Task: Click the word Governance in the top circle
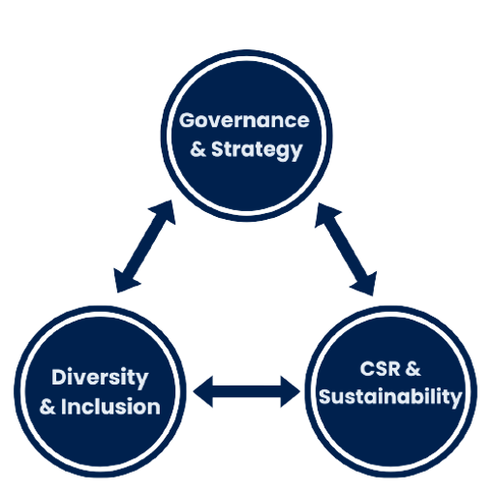(244, 120)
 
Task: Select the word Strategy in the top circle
(257, 150)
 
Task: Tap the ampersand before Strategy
(198, 149)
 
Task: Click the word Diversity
(100, 378)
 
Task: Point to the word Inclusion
(110, 406)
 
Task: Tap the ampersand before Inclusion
(47, 407)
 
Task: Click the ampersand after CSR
(413, 369)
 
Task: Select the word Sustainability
(390, 397)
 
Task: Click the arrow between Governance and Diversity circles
(145, 246)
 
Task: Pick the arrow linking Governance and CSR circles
(346, 249)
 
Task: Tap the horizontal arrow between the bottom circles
(247, 391)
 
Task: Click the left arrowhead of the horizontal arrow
(203, 391)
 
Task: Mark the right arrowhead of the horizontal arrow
(291, 391)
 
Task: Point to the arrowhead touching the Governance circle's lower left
(165, 211)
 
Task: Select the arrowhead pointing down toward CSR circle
(366, 285)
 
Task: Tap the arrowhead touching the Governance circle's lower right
(325, 214)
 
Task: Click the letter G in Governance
(188, 120)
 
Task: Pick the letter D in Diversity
(59, 377)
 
